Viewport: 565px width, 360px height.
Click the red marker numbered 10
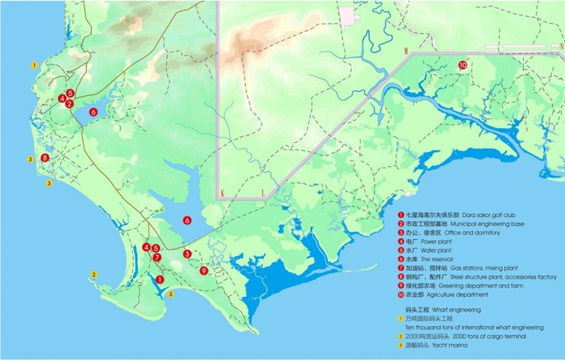[x=462, y=65]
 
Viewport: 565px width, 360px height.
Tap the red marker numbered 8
[x=45, y=157]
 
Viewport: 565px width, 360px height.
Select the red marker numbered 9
[x=203, y=271]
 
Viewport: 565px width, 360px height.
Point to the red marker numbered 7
[x=157, y=257]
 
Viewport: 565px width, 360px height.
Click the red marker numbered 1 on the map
[x=160, y=278]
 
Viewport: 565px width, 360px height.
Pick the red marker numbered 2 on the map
[x=70, y=103]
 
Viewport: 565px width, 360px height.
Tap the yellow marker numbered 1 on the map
[x=33, y=63]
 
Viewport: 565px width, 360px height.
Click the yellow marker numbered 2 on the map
[x=94, y=274]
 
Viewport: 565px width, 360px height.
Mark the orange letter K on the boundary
[x=220, y=193]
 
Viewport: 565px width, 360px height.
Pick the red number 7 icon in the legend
[x=400, y=268]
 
